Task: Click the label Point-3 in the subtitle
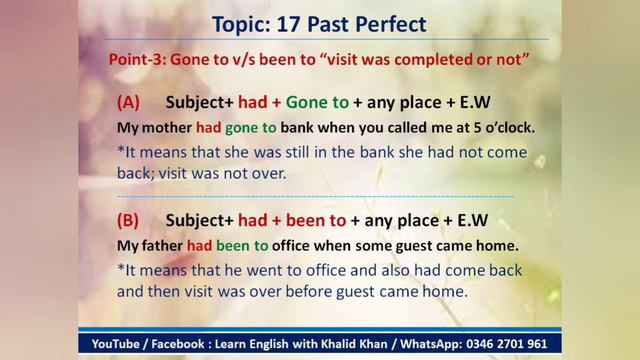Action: coord(137,59)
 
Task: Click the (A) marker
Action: coord(128,103)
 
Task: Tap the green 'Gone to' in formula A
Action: coord(317,103)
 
